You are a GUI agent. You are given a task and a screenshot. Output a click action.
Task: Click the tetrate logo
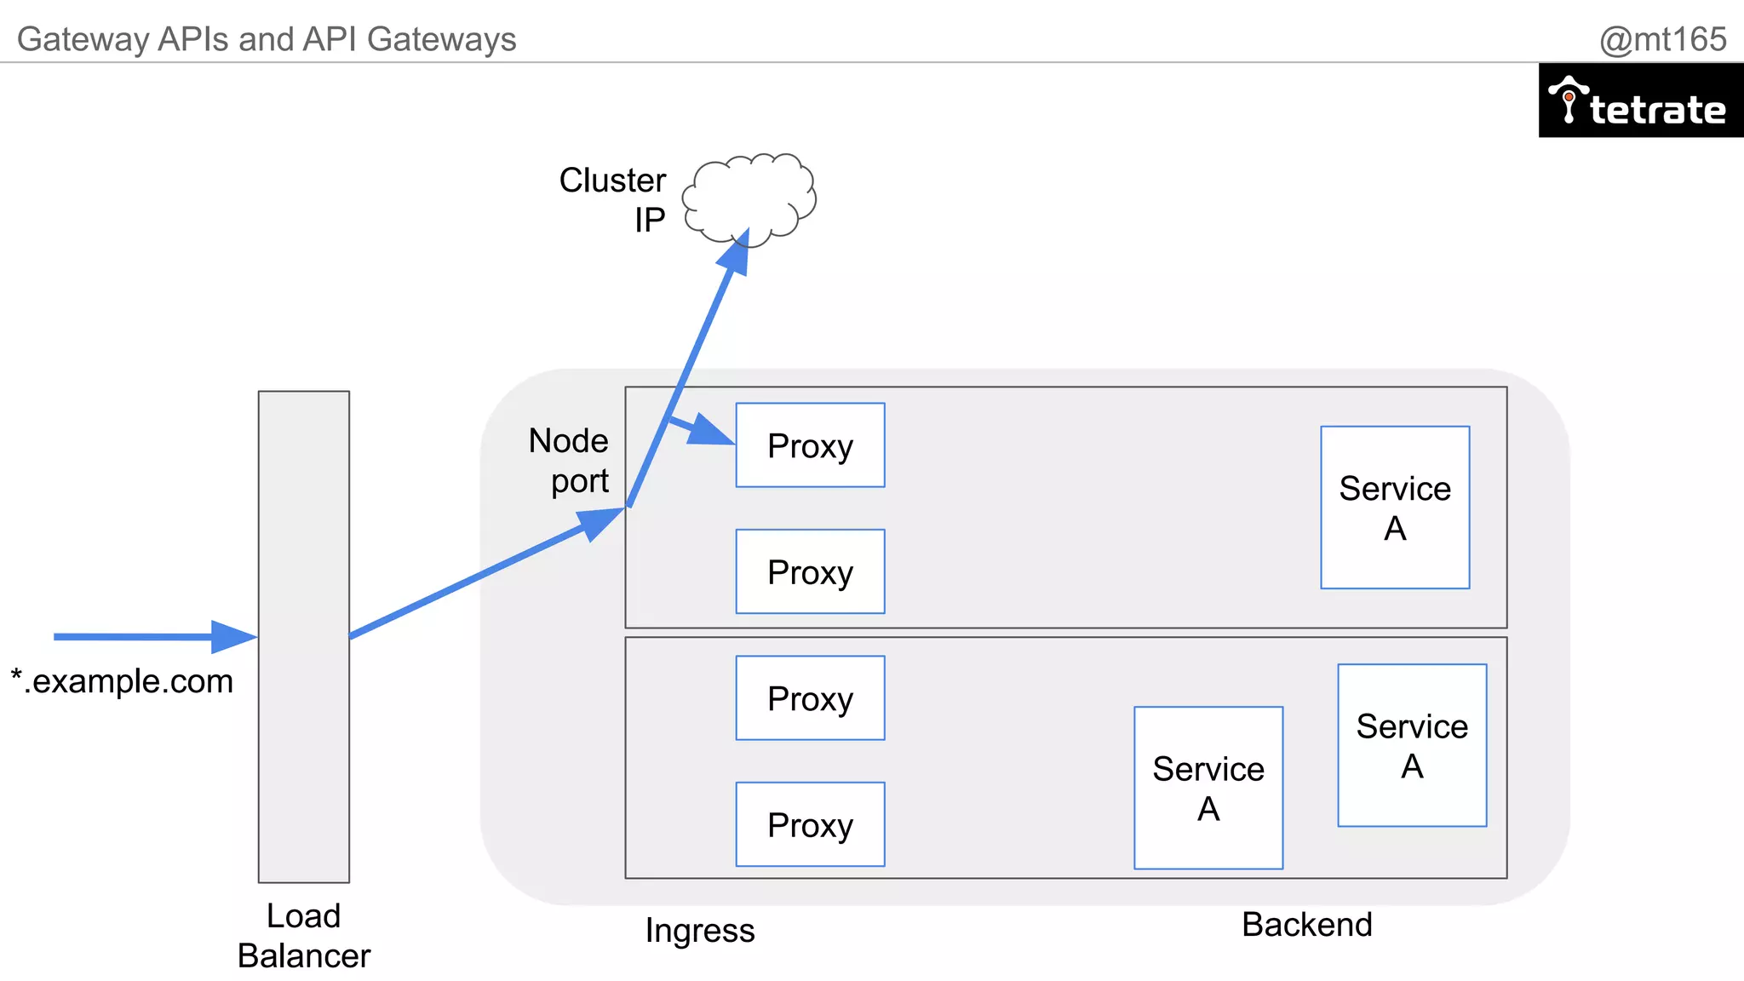[x=1640, y=101]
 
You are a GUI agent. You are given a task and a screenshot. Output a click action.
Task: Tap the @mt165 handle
[x=1662, y=39]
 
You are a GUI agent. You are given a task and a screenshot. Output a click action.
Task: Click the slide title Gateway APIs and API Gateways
[x=267, y=39]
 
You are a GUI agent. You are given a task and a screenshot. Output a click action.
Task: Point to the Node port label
[x=569, y=461]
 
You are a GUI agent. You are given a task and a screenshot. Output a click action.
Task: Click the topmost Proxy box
[x=810, y=445]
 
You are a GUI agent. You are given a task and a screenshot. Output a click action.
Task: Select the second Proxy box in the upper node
[x=810, y=571]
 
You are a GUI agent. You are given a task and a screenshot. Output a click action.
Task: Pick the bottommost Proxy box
[x=810, y=824]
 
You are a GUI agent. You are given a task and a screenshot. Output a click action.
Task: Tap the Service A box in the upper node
[x=1395, y=508]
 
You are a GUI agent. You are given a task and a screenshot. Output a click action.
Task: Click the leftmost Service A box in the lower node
[x=1208, y=788]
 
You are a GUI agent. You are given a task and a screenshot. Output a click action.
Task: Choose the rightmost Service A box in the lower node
[x=1412, y=745]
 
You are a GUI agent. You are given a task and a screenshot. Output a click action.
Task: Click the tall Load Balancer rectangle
[x=304, y=636]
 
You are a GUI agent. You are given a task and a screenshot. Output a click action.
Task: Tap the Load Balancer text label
[x=304, y=935]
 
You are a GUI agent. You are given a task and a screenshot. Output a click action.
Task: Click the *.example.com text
[x=122, y=681]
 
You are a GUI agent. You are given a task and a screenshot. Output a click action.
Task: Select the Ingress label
[x=700, y=930]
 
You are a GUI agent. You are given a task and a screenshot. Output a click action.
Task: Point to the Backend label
[x=1306, y=924]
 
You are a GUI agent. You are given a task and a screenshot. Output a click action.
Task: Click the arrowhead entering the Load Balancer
[x=234, y=636]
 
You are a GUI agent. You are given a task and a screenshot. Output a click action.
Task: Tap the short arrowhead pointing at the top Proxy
[x=708, y=431]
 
